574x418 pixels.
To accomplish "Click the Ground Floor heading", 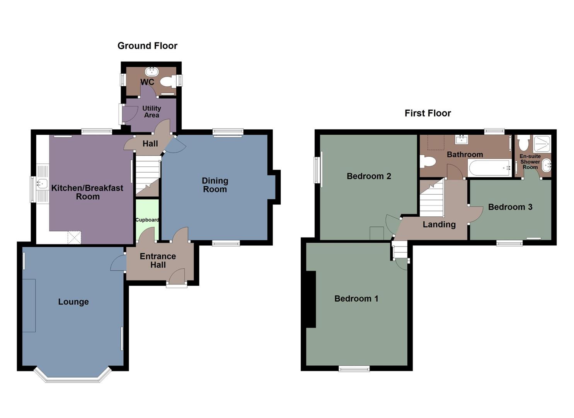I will [x=147, y=46].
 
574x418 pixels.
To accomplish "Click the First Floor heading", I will [x=428, y=113].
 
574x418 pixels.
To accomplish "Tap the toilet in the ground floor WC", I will [x=167, y=81].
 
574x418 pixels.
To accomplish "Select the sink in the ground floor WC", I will [x=152, y=72].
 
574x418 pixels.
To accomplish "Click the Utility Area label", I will [x=152, y=111].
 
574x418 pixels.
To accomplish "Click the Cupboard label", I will [x=147, y=220].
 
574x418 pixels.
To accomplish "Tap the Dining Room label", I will [x=215, y=185].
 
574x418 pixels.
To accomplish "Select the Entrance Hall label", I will [x=158, y=260].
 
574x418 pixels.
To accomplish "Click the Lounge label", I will [x=73, y=302].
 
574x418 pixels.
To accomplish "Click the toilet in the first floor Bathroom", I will [x=427, y=161].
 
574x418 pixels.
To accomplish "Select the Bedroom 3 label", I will [x=510, y=207].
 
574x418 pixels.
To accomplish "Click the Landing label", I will [x=439, y=224].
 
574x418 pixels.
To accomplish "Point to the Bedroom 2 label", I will [x=369, y=176].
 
